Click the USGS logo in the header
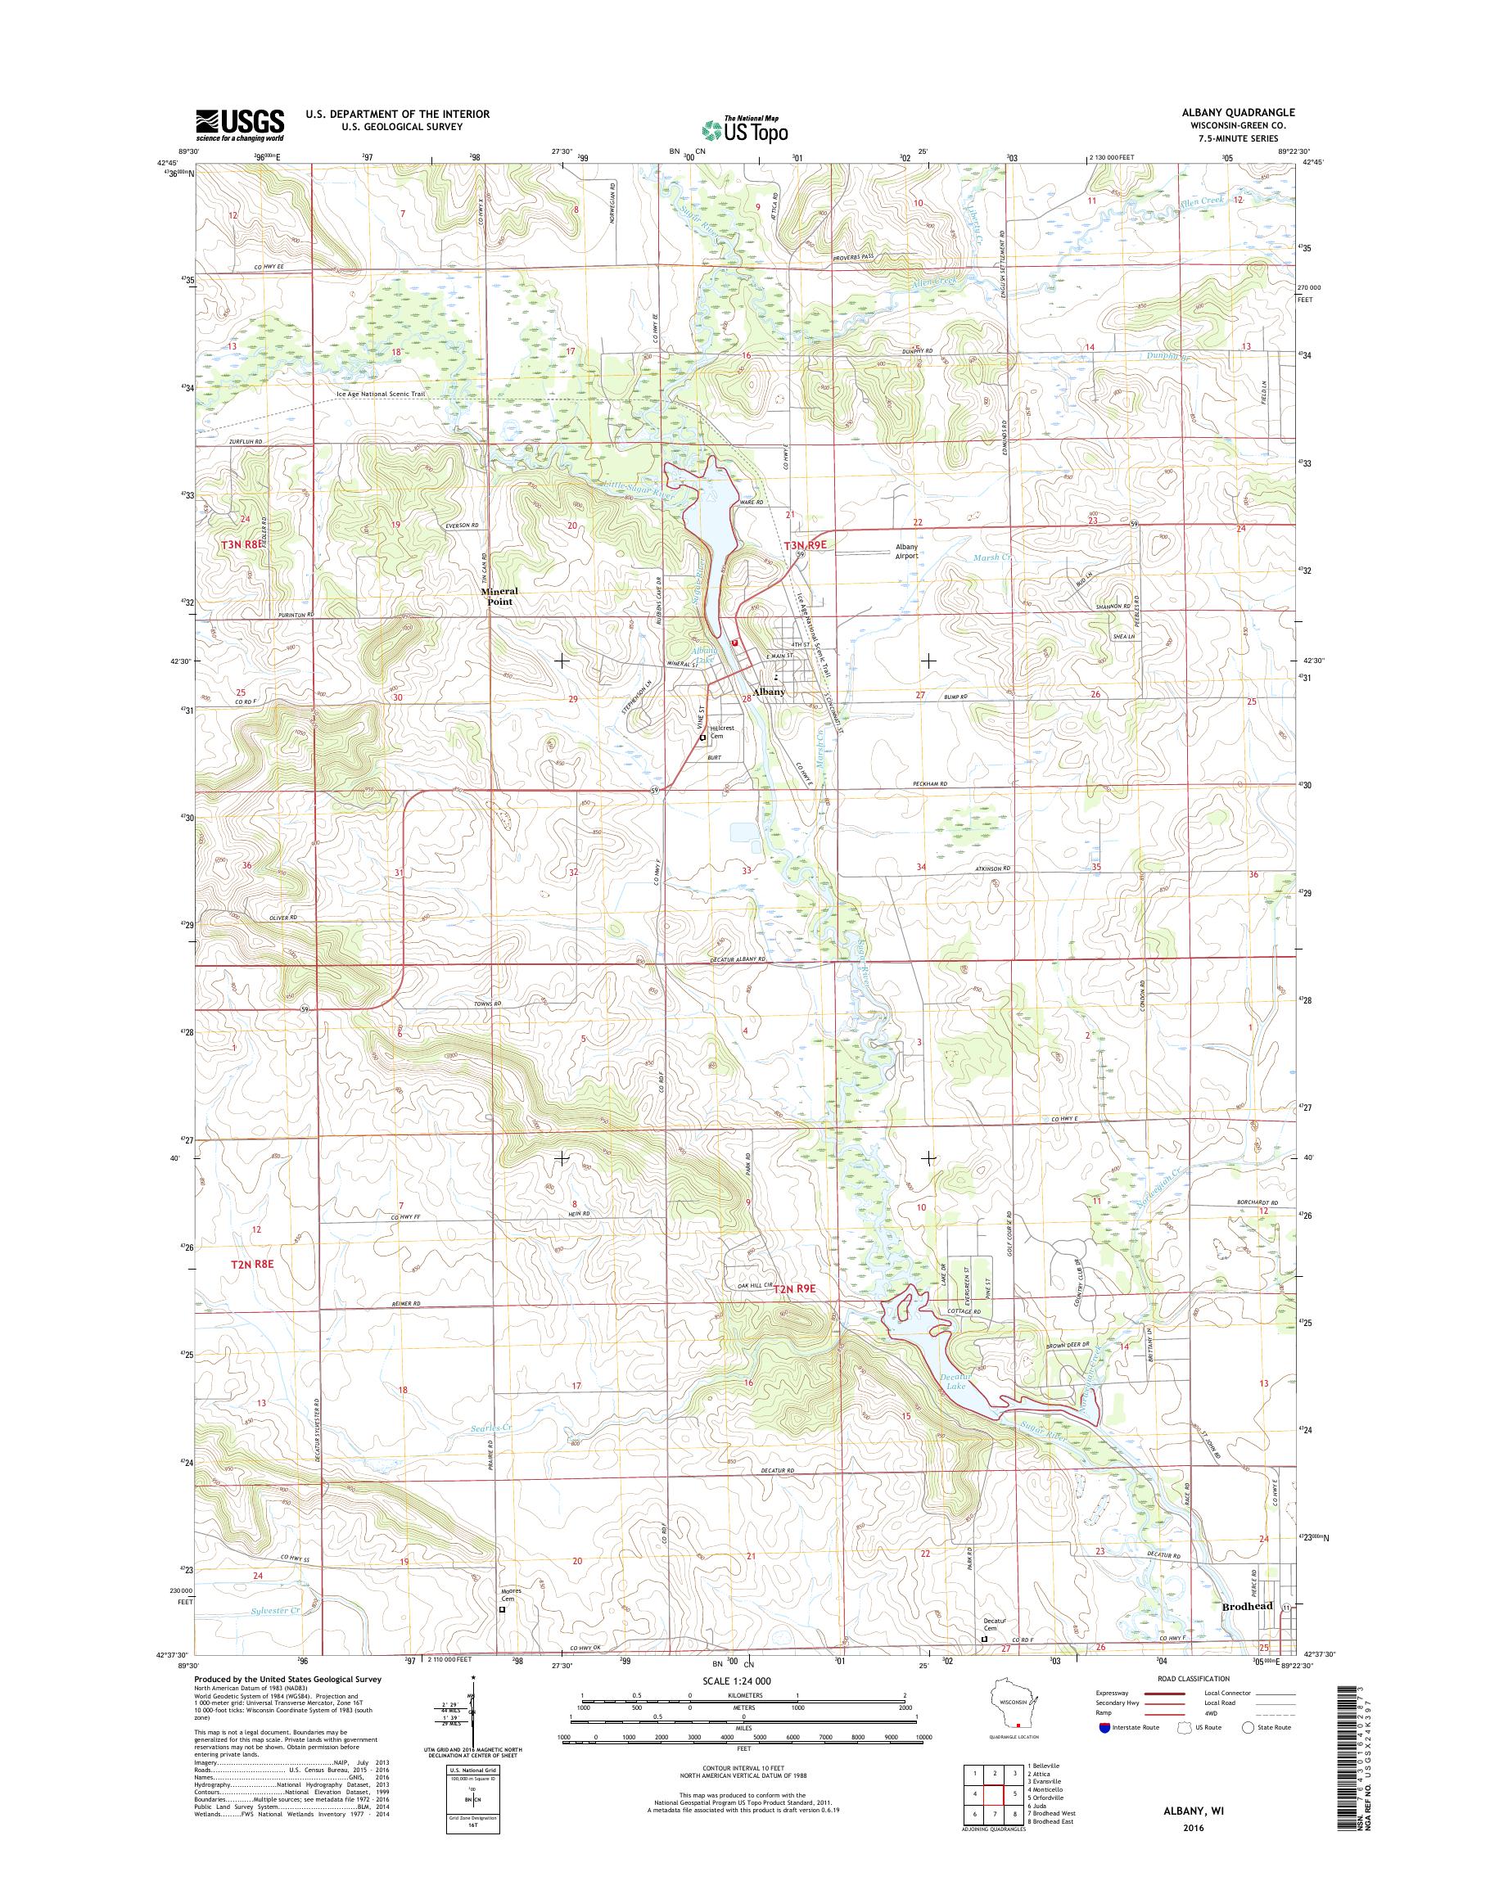point(239,124)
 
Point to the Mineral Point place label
point(499,595)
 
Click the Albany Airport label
point(906,552)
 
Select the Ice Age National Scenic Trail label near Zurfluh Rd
point(381,395)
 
